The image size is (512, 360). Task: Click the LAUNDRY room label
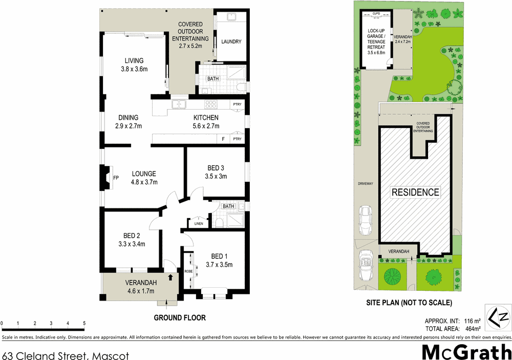[230, 42]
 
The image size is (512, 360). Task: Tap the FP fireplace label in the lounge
[116, 178]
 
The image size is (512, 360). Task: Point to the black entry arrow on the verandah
[170, 278]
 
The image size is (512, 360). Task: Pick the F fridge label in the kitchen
[223, 139]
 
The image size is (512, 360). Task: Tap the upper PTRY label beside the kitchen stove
[237, 104]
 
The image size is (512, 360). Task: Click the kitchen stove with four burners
[211, 104]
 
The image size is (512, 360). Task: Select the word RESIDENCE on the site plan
[415, 193]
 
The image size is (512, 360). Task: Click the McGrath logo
[466, 352]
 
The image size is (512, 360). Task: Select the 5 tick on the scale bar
[84, 324]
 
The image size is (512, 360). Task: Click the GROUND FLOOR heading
[180, 317]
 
